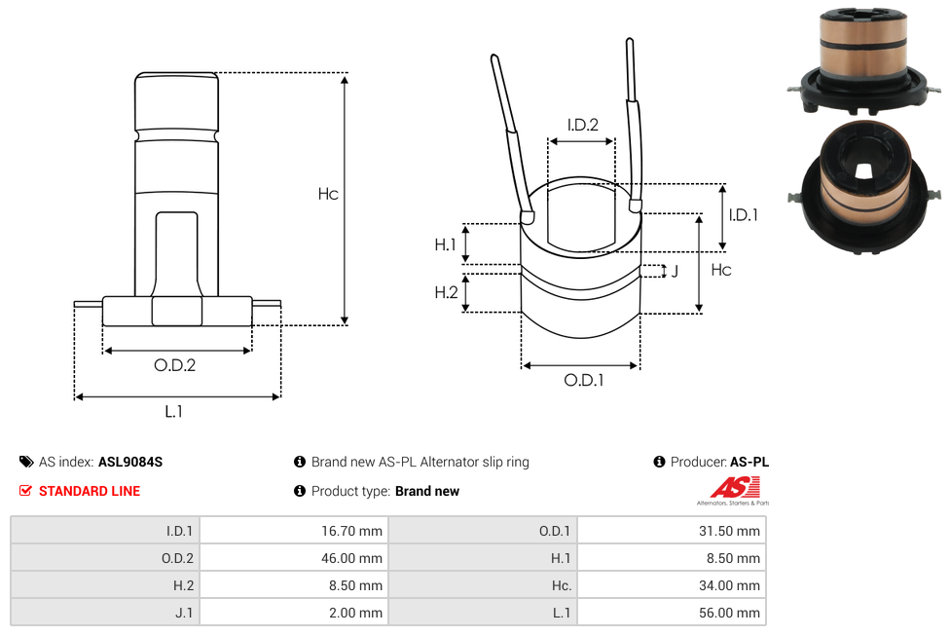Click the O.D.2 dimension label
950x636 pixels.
point(175,366)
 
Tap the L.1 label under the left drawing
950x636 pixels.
point(173,412)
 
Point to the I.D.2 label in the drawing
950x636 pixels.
point(582,125)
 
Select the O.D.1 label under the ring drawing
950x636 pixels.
point(584,381)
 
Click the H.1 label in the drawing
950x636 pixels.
point(446,244)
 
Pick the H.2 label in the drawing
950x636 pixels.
point(446,292)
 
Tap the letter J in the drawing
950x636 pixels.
point(675,271)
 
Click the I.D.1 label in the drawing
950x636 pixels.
point(743,215)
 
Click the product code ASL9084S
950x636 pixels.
point(130,462)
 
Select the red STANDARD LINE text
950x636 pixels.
point(89,491)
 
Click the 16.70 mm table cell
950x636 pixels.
point(293,531)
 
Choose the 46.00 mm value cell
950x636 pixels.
point(293,558)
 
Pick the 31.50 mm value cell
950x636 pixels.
point(672,531)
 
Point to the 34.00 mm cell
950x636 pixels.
point(672,585)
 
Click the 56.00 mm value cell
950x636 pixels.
point(672,613)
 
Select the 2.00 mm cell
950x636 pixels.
point(293,613)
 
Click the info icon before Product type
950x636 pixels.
point(300,491)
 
